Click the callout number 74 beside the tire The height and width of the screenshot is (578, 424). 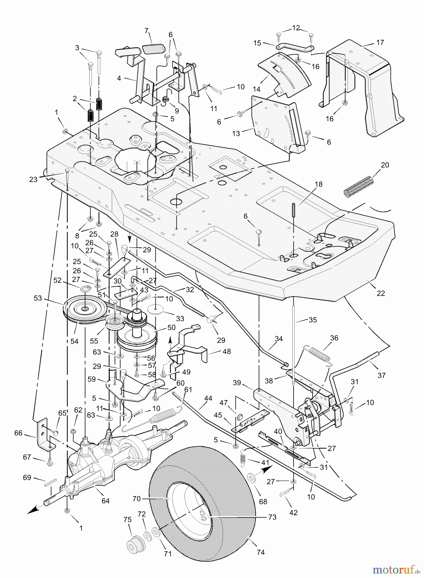tap(261, 552)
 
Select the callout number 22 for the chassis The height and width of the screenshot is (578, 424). tap(381, 293)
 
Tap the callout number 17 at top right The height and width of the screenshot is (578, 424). tap(380, 42)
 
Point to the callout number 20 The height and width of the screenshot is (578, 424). tap(385, 165)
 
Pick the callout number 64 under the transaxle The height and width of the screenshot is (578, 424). tap(105, 501)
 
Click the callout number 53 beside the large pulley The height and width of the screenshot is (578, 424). tap(38, 298)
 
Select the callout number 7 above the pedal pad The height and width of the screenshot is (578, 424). tap(147, 31)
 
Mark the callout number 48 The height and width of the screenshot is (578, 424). tap(227, 351)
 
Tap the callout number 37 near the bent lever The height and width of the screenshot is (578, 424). tap(382, 375)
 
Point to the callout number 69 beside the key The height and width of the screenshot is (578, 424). tap(27, 477)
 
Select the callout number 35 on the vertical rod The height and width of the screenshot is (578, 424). tap(313, 320)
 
